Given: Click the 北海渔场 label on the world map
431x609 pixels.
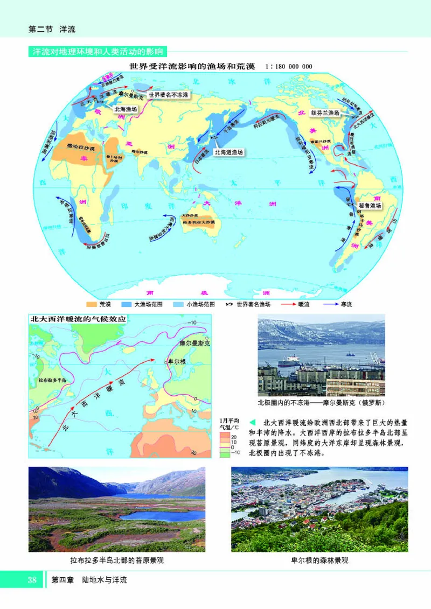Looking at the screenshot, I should point(126,108).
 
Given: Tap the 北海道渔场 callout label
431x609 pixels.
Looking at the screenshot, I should point(228,152).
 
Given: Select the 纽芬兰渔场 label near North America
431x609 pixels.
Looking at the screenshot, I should point(325,113).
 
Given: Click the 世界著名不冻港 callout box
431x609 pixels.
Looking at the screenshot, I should point(169,95).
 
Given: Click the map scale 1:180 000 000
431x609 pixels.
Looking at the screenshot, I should point(289,67).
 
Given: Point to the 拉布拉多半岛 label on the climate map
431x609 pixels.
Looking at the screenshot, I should point(53,380).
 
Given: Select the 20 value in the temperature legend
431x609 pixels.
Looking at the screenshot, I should point(233,437).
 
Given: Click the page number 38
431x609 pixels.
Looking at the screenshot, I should point(32,580).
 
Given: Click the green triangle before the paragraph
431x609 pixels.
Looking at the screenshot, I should point(253,422).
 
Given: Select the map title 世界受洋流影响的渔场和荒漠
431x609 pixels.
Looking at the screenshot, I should point(192,67).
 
